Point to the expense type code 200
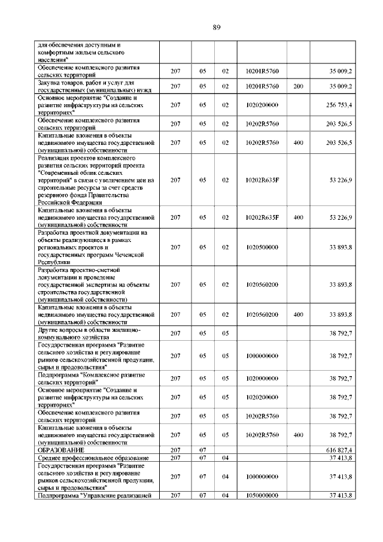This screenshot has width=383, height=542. click(298, 87)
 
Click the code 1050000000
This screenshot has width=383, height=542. click(262, 496)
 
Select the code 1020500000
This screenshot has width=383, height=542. click(262, 247)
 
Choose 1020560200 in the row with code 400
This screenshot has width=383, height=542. click(262, 314)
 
